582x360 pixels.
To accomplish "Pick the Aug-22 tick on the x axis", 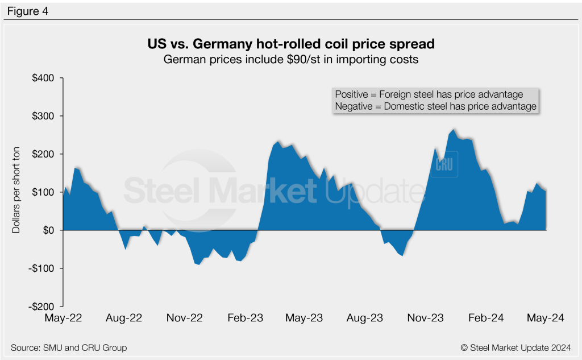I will pos(124,318).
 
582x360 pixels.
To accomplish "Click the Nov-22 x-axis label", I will pos(185,318).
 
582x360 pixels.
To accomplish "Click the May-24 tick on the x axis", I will pos(546,318).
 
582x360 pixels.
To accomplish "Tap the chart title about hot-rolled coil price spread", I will pos(291,44).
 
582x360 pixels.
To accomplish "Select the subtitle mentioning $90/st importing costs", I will pos(291,60).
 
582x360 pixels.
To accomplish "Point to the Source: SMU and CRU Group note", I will pos(69,347).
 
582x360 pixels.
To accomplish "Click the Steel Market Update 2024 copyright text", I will pos(516,347).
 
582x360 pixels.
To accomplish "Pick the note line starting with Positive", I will pos(429,94).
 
